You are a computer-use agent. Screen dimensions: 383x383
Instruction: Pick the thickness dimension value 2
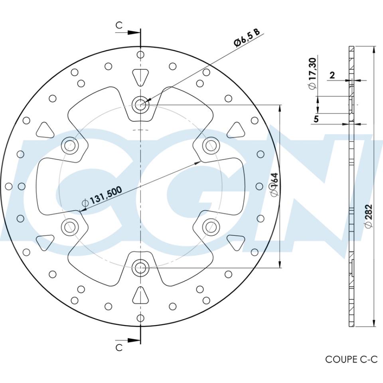(x=332, y=75)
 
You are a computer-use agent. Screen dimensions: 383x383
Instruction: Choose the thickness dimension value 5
(x=316, y=119)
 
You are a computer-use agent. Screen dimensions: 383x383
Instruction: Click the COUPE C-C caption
(x=351, y=359)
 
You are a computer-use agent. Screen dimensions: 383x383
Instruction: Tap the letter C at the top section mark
(x=119, y=25)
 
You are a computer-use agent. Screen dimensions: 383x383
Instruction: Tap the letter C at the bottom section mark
(x=119, y=347)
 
